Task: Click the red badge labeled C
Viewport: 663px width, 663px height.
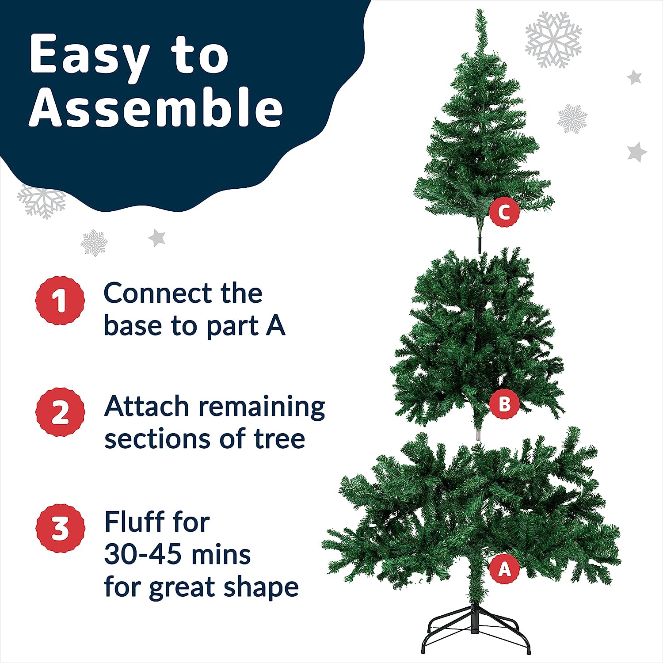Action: coord(504,212)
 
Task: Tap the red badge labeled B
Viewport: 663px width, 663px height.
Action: coord(504,404)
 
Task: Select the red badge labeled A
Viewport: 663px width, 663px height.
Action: coord(504,569)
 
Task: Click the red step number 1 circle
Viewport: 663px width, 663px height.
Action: coord(60,301)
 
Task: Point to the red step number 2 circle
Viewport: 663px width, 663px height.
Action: coord(60,412)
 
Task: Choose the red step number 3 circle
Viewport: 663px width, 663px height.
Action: coord(60,528)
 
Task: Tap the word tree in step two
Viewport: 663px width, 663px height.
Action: coord(279,439)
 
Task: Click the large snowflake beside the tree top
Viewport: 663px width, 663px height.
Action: coord(553,40)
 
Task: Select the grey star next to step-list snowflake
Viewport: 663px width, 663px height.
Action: coord(156,238)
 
